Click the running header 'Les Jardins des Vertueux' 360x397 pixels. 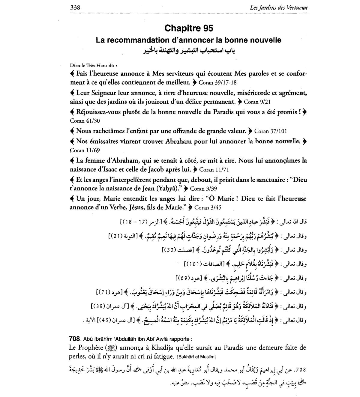click(279, 8)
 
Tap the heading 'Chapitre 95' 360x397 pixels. click(189, 28)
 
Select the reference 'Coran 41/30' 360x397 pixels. click(85, 121)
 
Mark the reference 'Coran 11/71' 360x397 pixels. click(214, 170)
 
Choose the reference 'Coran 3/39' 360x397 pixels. click(203, 189)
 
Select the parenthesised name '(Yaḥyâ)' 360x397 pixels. click(168, 188)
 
